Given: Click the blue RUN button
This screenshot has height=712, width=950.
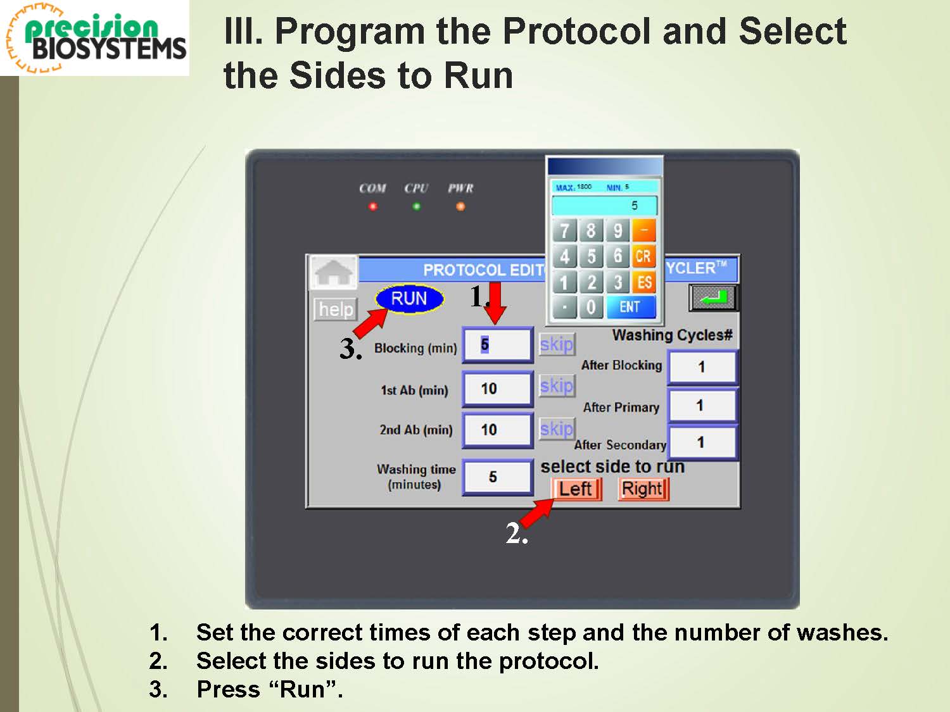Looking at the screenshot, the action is click(x=409, y=299).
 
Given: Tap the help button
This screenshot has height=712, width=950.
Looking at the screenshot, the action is click(x=336, y=309).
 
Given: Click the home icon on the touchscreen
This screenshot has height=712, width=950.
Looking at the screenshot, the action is click(x=333, y=272).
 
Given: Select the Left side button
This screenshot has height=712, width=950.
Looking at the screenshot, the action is click(x=576, y=489).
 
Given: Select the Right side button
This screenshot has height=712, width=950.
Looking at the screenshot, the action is click(x=643, y=489).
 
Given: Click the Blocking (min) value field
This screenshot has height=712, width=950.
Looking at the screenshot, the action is click(x=497, y=344).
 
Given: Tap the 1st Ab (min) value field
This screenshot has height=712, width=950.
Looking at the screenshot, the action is click(x=497, y=389).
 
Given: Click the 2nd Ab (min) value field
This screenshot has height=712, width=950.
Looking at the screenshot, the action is click(x=497, y=430).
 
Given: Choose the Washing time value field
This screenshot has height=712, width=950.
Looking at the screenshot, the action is click(x=497, y=477).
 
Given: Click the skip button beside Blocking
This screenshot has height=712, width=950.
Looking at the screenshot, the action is click(x=557, y=344).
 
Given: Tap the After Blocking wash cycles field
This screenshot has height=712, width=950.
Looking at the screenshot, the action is click(x=702, y=367).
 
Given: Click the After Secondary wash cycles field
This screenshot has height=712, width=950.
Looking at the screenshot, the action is click(x=702, y=442).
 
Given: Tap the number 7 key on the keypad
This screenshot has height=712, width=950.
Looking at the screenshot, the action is click(x=564, y=230).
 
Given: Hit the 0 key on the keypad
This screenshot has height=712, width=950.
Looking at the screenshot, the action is click(x=591, y=308).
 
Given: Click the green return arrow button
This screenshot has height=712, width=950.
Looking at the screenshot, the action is click(x=714, y=298).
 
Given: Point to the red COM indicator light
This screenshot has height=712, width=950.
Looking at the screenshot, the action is click(x=372, y=207).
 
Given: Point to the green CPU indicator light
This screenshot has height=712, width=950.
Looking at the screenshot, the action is click(x=416, y=207).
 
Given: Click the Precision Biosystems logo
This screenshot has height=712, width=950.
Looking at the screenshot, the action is click(x=95, y=38).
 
